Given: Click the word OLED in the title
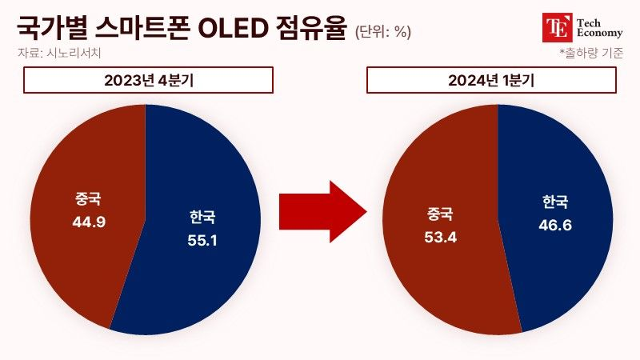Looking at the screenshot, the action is point(231,28).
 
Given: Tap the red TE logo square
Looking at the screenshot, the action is point(558,27).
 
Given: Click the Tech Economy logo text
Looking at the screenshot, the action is point(599,28).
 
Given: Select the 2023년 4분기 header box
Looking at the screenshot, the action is point(148,80).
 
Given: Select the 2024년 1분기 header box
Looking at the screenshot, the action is point(491,80).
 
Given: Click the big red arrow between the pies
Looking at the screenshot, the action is point(323,212).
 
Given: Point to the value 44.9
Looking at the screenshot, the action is point(89,222).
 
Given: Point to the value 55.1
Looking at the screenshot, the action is point(202,241).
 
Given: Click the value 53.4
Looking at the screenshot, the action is point(441,237).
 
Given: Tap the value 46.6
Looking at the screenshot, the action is point(555,225).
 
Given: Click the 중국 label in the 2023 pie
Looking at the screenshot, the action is point(88,198).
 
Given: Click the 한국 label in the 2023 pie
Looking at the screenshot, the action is point(202,217).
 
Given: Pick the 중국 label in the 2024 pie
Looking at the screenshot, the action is point(440,214).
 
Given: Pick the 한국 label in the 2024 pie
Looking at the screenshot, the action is point(555,202).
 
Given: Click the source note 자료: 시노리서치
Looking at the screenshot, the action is point(59,53).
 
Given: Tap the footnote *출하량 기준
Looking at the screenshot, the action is point(591,53).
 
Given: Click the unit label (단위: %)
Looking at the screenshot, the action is point(382,31).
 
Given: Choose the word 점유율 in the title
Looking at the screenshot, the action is point(311,28).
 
